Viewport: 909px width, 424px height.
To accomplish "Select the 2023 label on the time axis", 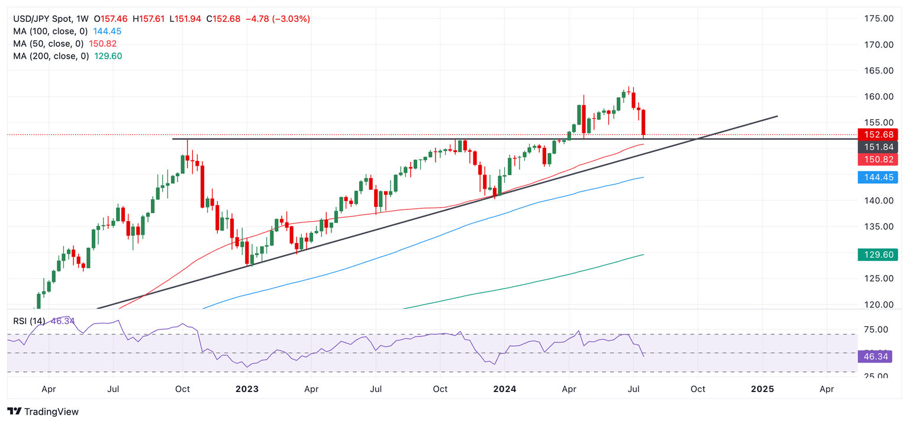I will (247, 389).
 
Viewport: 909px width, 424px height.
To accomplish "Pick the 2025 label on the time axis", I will (762, 389).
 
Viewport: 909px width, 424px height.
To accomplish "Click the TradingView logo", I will (43, 412).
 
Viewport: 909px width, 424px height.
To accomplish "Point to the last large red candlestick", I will (643, 122).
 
